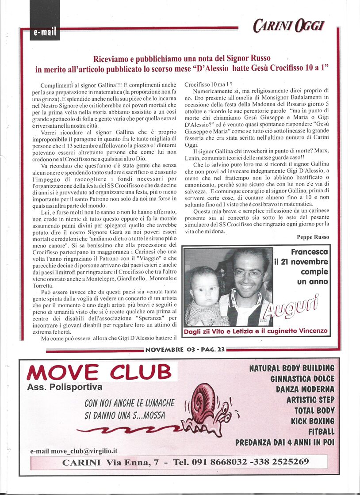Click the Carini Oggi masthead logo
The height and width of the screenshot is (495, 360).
click(289, 26)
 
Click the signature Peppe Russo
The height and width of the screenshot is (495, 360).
click(313, 237)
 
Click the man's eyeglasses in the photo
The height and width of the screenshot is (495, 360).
click(248, 274)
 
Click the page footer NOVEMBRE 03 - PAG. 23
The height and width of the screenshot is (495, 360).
click(184, 350)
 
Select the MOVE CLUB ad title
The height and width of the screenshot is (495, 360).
click(99, 372)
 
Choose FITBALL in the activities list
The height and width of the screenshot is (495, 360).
click(321, 431)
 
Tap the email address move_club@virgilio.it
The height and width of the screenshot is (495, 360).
click(74, 451)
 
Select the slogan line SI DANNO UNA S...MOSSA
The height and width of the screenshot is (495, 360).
click(125, 415)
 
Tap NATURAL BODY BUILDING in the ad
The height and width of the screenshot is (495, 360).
click(291, 368)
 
